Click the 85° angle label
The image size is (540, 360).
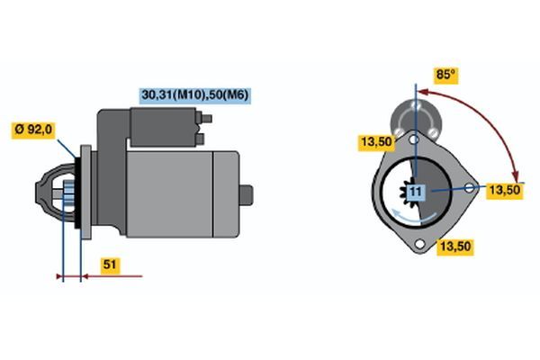tap(446, 75)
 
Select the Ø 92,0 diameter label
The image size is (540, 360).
tap(33, 130)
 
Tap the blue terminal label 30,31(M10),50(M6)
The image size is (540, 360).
tap(195, 94)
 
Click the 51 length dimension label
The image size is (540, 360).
tap(110, 265)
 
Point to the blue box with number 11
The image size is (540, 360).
tap(416, 191)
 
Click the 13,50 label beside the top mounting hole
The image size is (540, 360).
tap(376, 141)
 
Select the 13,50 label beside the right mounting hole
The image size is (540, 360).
tap(505, 190)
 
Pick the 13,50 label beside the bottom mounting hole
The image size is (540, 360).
tap(455, 247)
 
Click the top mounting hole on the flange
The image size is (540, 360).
tap(415, 139)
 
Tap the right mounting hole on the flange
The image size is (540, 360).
tap(470, 188)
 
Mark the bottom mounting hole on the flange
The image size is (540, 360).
tap(419, 244)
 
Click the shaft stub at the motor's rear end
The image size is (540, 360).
tap(247, 195)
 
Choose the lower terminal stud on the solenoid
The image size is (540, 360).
tap(200, 139)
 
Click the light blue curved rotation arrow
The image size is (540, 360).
tap(414, 216)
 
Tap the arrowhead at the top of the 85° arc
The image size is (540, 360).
tap(423, 92)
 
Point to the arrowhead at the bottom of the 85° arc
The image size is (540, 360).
tap(515, 175)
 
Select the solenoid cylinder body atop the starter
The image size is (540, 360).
tap(164, 127)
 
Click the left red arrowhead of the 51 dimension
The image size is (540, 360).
tap(59, 276)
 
